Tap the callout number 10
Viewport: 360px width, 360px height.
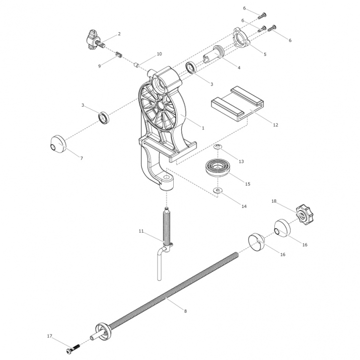coord(159,54)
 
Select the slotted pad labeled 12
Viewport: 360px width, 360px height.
coord(237,103)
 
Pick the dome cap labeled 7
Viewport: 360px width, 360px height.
coord(58,144)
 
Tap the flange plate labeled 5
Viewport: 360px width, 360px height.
coord(241,38)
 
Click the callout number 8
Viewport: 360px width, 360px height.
coord(185,311)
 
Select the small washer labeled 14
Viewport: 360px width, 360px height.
coord(218,190)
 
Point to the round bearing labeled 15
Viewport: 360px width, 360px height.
coord(217,168)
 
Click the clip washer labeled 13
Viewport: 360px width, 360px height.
coord(218,146)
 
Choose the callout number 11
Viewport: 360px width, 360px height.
coord(141,231)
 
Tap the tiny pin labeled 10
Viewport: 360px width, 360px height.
coord(136,65)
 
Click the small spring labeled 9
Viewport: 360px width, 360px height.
coord(119,55)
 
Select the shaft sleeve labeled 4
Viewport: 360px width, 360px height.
coord(214,54)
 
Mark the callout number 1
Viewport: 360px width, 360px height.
coord(203,128)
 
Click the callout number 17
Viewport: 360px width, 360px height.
coord(49,336)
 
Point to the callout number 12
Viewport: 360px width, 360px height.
coord(275,125)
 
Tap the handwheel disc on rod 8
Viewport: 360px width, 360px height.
coord(103,331)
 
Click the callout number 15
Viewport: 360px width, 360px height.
coord(248,184)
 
